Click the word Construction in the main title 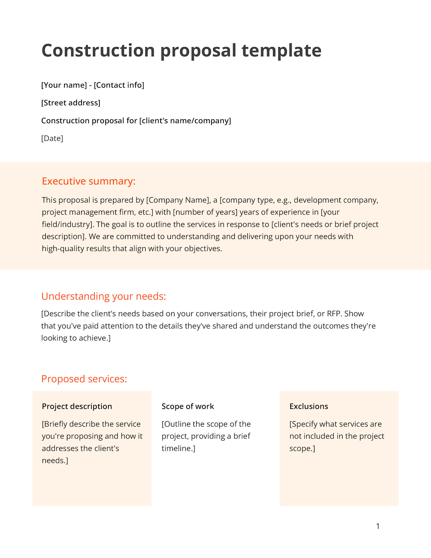[98, 51]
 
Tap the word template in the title [281, 51]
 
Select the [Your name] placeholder [64, 85]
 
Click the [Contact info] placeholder [119, 85]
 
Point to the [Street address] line [71, 103]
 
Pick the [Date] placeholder [52, 138]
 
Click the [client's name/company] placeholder [185, 121]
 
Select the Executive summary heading [89, 181]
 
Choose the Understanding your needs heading [103, 296]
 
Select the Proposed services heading [84, 379]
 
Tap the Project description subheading [77, 406]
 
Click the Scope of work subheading [188, 406]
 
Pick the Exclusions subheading [309, 406]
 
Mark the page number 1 [378, 526]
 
